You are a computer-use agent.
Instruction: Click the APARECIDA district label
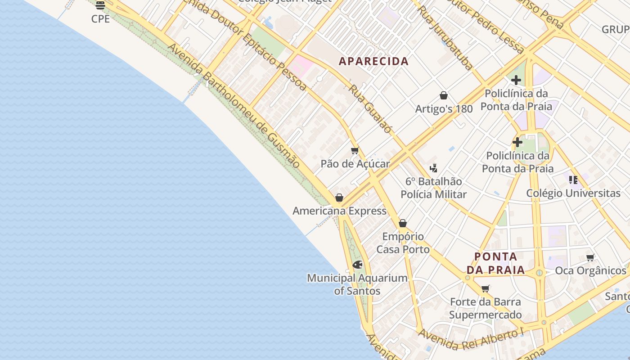[x=373, y=61]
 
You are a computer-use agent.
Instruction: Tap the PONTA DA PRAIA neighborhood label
[x=495, y=263]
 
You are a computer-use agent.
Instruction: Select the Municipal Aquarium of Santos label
[x=357, y=284]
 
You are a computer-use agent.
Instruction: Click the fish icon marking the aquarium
[x=357, y=265]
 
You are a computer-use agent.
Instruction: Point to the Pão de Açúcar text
[x=355, y=164]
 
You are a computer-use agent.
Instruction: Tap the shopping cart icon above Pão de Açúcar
[x=355, y=150]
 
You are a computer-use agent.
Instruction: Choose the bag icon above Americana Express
[x=339, y=198]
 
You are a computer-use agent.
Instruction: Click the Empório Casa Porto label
[x=403, y=243]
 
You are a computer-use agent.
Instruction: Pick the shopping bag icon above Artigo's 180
[x=444, y=95]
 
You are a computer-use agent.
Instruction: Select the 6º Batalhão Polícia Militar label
[x=433, y=188]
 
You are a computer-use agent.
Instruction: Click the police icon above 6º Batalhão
[x=433, y=168]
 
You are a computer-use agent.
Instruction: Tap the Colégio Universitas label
[x=573, y=193]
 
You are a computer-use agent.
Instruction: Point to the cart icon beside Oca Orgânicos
[x=590, y=258]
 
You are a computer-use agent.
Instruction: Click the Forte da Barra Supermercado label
[x=485, y=308]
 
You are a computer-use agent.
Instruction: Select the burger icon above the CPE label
[x=100, y=5]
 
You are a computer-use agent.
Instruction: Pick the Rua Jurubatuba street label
[x=445, y=38]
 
